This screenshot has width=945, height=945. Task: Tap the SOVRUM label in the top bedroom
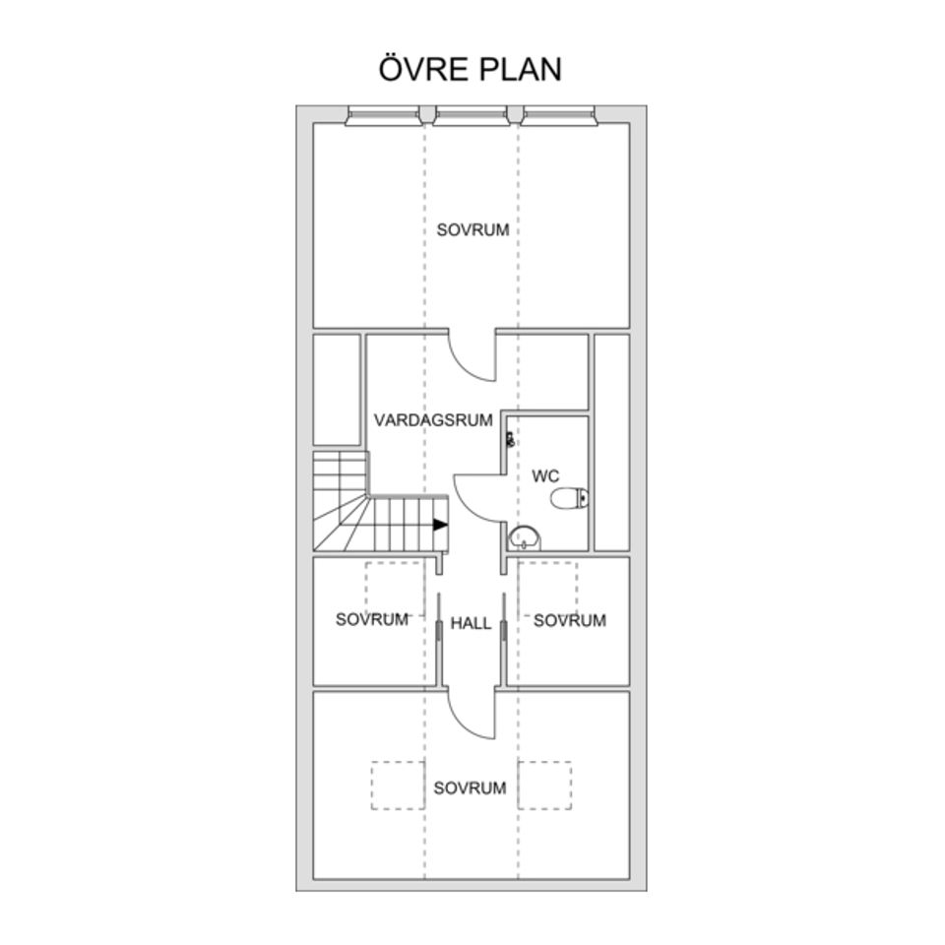[x=473, y=229]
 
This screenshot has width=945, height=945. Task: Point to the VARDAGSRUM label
[x=433, y=420]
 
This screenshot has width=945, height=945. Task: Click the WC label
[x=545, y=476]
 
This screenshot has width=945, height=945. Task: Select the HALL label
[x=472, y=623]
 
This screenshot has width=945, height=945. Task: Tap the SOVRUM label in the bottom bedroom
[x=471, y=787]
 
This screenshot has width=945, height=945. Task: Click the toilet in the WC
[x=570, y=498]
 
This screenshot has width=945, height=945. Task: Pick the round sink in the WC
[x=525, y=537]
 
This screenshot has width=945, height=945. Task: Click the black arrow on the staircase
[x=441, y=525]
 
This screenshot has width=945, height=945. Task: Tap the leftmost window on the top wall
[x=383, y=116]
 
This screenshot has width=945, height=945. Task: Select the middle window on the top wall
[x=471, y=116]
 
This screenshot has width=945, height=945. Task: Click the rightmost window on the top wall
[x=559, y=116]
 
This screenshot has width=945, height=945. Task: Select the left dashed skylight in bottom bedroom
[x=398, y=786]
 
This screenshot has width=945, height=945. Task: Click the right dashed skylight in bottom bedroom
[x=544, y=786]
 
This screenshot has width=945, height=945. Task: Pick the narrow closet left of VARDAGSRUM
[x=337, y=390]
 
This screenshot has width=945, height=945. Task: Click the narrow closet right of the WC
[x=611, y=442]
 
